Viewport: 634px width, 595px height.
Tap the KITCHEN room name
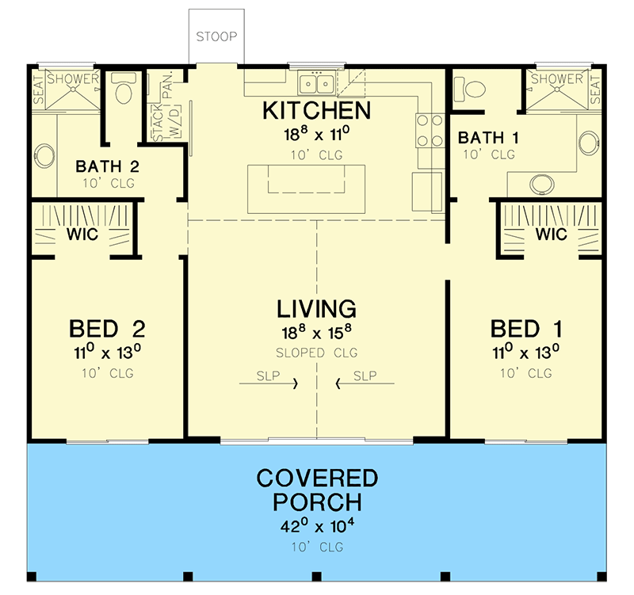(x=316, y=110)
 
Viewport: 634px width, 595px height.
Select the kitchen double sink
(x=315, y=83)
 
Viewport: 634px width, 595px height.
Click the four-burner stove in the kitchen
(x=430, y=129)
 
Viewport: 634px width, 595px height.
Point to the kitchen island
(x=307, y=188)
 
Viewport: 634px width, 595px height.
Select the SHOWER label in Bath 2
(x=72, y=78)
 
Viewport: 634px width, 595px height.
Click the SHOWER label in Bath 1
(x=557, y=78)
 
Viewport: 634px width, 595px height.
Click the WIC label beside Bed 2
(x=82, y=235)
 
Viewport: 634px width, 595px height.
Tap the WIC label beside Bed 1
(x=552, y=235)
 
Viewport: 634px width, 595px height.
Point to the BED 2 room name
(x=106, y=328)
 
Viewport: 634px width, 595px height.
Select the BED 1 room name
(x=527, y=328)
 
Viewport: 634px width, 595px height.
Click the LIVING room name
(x=316, y=308)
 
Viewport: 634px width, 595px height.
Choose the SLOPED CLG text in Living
(x=316, y=353)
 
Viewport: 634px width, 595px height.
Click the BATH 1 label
(x=489, y=138)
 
